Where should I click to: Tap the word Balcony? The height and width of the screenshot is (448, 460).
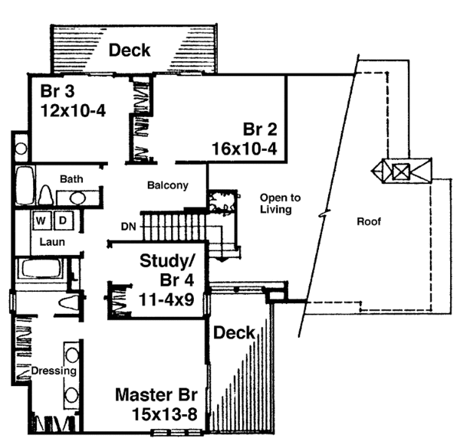pyautogui.click(x=167, y=185)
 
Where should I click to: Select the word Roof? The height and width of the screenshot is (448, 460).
pyautogui.click(x=370, y=222)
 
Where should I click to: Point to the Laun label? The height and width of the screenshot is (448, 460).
pyautogui.click(x=52, y=242)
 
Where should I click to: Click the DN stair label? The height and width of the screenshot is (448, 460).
pyautogui.click(x=129, y=226)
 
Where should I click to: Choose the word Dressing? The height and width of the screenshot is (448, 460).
pyautogui.click(x=53, y=371)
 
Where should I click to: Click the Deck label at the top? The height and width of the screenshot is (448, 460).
pyautogui.click(x=130, y=51)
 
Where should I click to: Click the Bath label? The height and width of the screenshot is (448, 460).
pyautogui.click(x=72, y=179)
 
